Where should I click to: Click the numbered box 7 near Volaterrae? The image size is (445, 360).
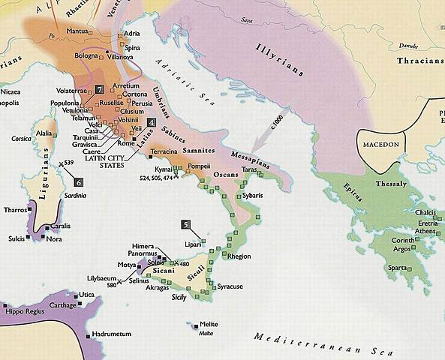point(99,90)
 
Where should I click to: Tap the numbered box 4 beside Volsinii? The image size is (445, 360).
point(152,122)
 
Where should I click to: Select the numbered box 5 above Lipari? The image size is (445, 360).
point(185,224)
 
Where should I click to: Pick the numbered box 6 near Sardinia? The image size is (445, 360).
point(79,181)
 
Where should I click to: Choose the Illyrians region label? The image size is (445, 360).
point(279,57)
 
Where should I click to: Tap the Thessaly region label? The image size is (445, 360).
point(391,184)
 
